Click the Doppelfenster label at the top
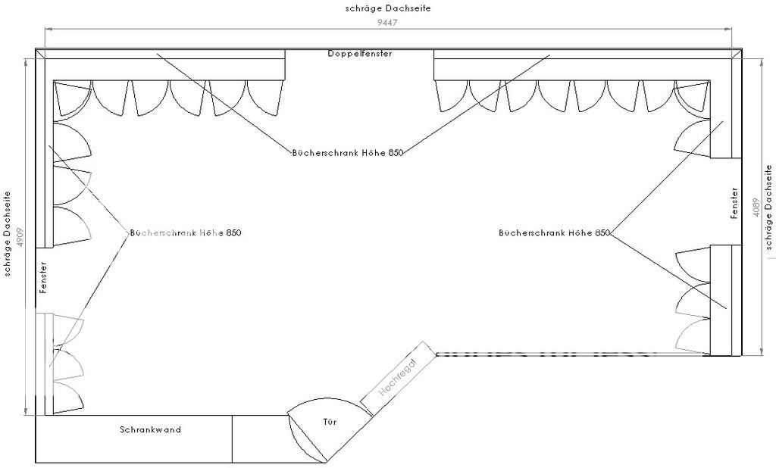[360, 54]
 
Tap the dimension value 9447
[387, 22]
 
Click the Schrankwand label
[150, 429]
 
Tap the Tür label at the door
[330, 422]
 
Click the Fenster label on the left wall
[43, 278]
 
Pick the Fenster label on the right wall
[734, 203]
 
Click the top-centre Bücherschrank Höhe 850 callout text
[347, 152]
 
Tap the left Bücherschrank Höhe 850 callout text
[186, 233]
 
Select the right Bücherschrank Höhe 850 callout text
[554, 233]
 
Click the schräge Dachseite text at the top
[387, 8]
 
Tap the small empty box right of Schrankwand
[260, 438]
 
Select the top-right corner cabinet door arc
[691, 98]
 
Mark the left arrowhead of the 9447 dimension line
[47, 29]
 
